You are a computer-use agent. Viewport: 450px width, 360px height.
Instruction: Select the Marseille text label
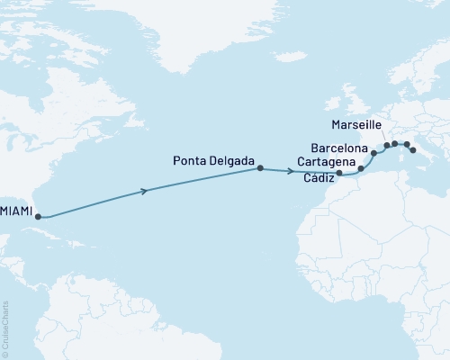357,125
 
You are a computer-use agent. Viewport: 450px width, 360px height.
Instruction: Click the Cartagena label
326,163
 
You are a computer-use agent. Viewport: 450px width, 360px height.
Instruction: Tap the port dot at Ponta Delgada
260,168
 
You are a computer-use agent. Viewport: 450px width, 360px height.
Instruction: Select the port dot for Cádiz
339,172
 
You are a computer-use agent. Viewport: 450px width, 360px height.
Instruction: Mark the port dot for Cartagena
361,168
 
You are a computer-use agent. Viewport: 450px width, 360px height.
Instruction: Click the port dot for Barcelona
373,153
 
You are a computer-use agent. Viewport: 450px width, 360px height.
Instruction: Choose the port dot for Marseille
387,145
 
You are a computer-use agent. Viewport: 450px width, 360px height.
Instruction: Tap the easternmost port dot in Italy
414,151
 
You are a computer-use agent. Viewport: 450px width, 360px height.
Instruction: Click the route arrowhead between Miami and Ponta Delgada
146,190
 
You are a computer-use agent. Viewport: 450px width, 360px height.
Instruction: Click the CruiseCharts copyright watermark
5,328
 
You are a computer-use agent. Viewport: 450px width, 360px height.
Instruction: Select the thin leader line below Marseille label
382,136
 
